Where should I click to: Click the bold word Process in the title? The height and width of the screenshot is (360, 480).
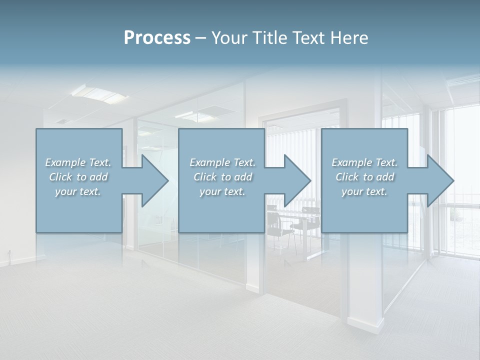tap(157, 38)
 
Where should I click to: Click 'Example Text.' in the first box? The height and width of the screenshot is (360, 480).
tap(78, 162)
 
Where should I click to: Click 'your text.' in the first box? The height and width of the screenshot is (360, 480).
tap(78, 191)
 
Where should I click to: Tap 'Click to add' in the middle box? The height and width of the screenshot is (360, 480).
tap(222, 177)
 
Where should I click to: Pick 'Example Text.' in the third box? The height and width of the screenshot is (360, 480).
tap(364, 162)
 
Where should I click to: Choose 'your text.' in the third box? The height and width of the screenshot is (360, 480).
tap(364, 191)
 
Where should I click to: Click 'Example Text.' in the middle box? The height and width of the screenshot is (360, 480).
tap(222, 162)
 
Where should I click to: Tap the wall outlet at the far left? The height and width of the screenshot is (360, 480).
tap(9, 252)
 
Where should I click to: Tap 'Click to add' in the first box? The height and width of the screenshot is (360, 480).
tap(78, 177)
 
